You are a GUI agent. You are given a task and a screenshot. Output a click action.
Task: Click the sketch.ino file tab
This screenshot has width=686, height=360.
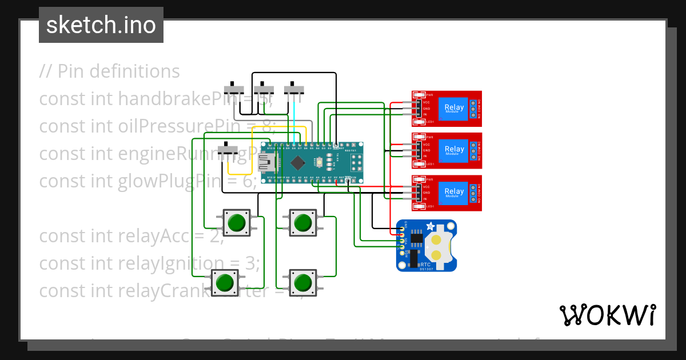tap(101, 25)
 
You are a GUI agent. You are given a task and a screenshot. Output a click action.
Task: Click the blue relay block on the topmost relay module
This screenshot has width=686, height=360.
tap(454, 107)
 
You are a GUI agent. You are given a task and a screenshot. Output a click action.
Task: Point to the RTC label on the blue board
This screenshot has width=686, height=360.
tap(425, 265)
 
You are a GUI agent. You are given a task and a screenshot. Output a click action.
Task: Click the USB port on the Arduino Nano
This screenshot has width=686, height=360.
tap(267, 163)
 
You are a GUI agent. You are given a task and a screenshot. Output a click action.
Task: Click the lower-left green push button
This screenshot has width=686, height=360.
tap(224, 282)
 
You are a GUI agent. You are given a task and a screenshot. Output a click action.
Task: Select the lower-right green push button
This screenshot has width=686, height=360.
tap(302, 282)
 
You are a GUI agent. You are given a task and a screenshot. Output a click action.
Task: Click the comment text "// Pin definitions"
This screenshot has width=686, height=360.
tap(109, 71)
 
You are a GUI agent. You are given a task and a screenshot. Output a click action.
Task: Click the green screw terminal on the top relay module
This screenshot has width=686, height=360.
tap(474, 107)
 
